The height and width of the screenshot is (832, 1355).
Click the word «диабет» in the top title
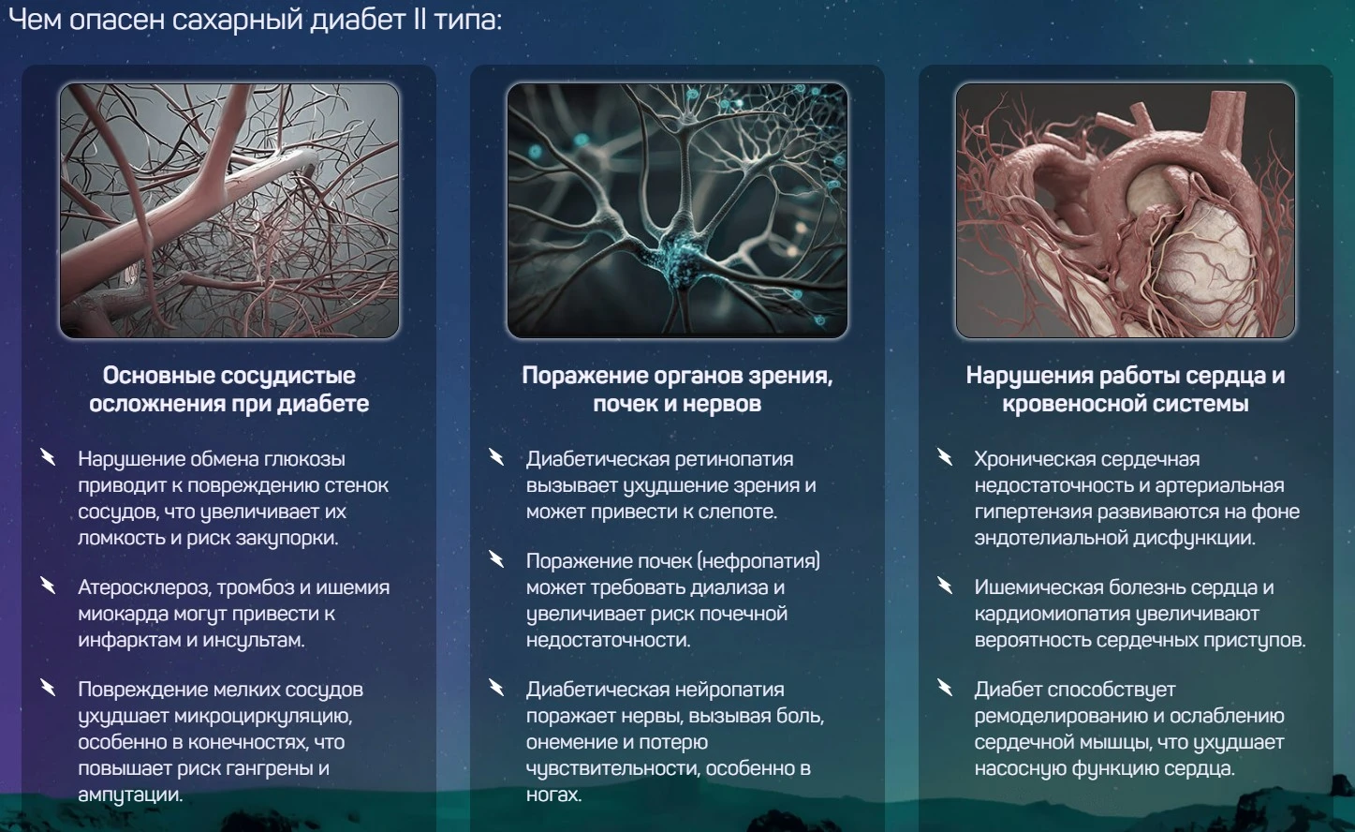[358, 20]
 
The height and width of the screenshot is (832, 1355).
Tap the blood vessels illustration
[229, 211]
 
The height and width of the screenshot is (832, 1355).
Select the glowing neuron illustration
[677, 211]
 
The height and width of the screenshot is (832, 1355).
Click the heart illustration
[1126, 211]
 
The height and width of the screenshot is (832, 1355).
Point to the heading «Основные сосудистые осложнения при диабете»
[229, 389]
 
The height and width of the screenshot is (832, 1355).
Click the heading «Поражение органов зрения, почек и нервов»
[677, 389]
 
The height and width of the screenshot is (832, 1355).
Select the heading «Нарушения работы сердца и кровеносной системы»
[1126, 389]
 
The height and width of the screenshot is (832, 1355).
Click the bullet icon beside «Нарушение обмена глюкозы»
[48, 457]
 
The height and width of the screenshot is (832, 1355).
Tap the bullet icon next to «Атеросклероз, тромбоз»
[48, 586]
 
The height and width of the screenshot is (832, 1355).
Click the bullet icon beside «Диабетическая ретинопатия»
[496, 457]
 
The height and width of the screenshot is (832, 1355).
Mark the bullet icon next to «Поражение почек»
[496, 559]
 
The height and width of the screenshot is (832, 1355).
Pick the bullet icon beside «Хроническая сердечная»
[944, 457]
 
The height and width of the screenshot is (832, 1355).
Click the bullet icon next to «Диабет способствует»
[944, 688]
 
